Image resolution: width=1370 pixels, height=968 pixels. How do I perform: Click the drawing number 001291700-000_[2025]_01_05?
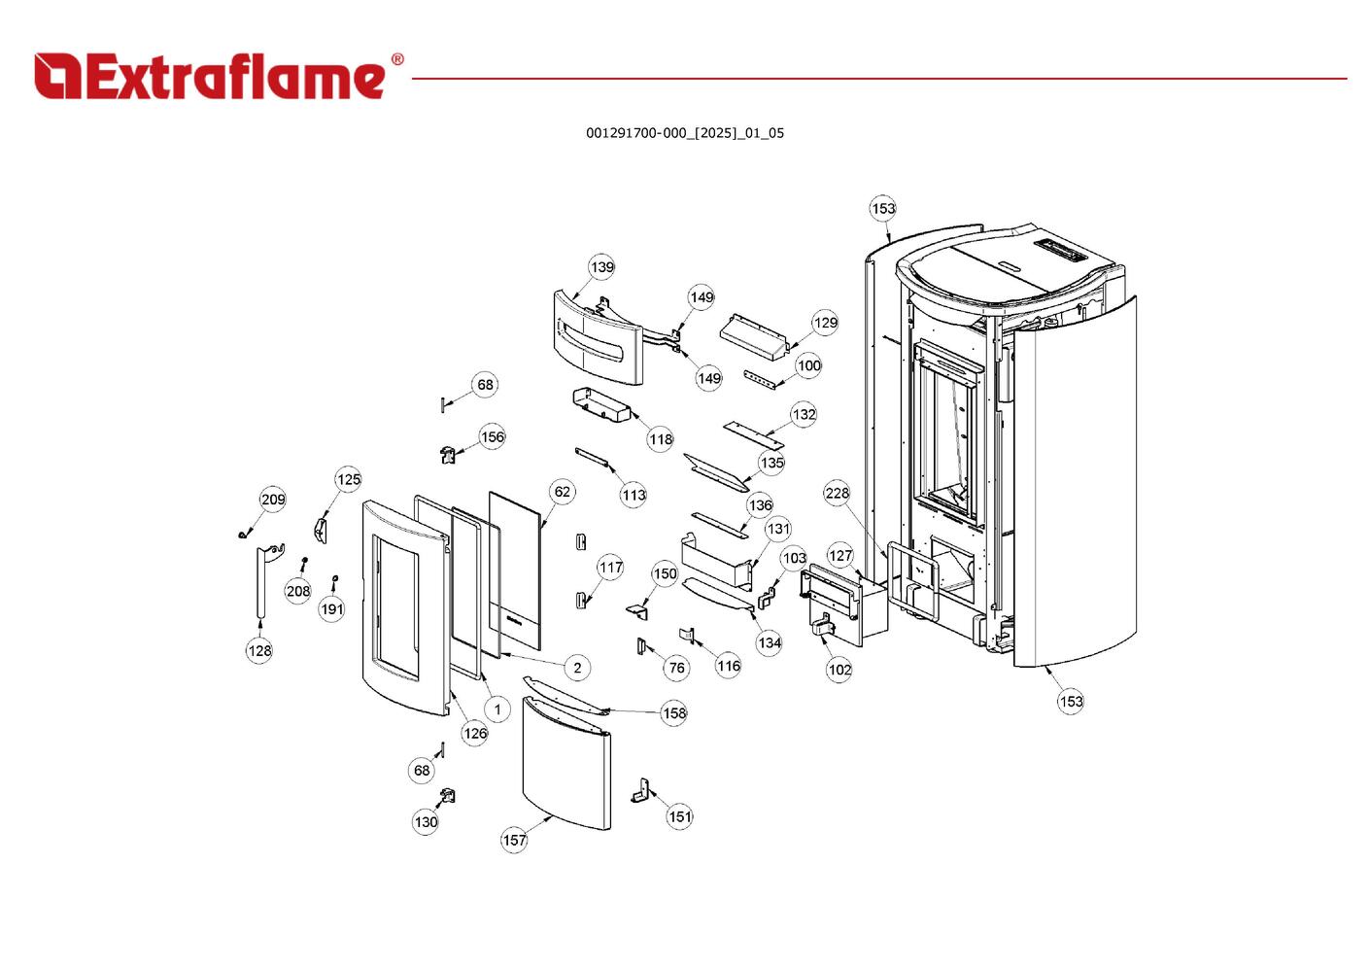tap(684, 133)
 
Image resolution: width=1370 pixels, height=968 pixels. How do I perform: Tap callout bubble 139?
tap(602, 267)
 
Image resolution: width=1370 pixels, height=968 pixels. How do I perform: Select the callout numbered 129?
tap(825, 323)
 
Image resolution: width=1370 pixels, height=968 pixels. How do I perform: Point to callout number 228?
tap(837, 493)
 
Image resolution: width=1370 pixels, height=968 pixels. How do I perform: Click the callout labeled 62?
tap(563, 492)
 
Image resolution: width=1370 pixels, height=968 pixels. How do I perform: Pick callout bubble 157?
tap(514, 840)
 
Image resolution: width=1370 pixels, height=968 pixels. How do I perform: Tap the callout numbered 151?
tap(680, 816)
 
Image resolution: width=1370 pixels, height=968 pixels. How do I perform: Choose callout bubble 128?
tap(259, 650)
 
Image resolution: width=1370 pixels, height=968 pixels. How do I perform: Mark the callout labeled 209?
tap(273, 500)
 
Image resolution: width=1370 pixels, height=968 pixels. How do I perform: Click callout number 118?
tap(661, 439)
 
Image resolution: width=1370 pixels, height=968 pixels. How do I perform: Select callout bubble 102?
tap(839, 669)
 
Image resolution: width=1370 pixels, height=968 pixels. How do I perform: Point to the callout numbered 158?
tap(674, 712)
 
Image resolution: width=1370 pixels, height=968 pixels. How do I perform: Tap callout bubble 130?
tap(426, 822)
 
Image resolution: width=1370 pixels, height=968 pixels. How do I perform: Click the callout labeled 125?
tap(349, 479)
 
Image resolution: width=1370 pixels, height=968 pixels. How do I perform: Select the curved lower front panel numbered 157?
tap(566, 763)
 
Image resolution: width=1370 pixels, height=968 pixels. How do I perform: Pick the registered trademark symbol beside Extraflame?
tap(396, 60)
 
